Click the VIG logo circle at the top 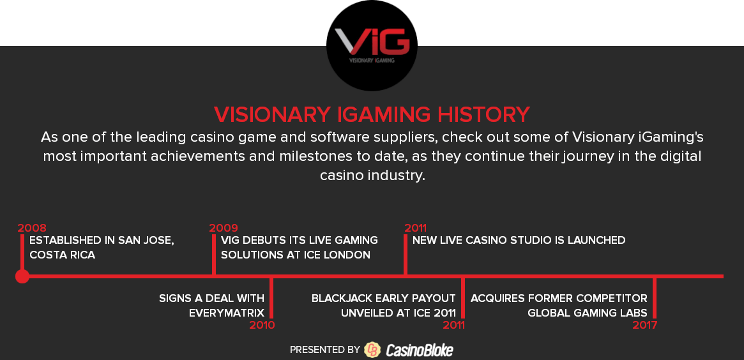[372, 45]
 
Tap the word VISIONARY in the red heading [272, 115]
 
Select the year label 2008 [32, 228]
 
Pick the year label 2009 [224, 228]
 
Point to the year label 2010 [262, 325]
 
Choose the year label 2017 [645, 325]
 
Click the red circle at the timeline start [22, 276]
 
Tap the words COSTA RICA [62, 255]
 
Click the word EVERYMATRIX [226, 313]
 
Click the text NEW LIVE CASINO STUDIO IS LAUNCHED [519, 240]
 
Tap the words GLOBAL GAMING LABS [588, 313]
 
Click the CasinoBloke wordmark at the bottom [420, 350]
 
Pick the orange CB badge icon [372, 350]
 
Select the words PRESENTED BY [325, 350]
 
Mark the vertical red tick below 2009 [214, 254]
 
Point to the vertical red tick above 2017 [655, 298]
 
